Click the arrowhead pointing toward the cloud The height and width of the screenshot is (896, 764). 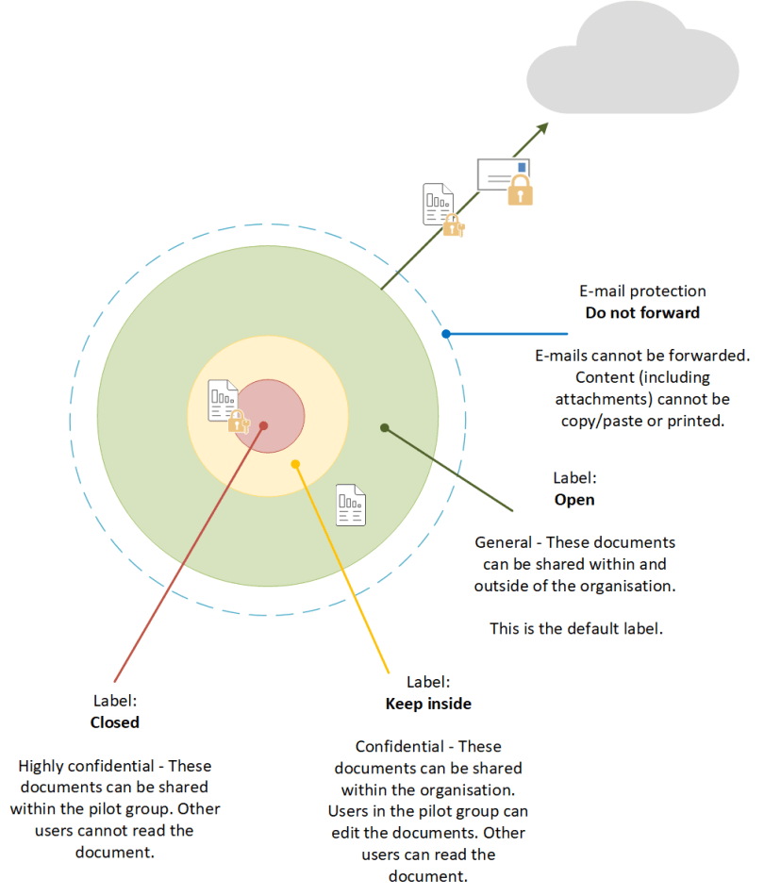[x=541, y=128]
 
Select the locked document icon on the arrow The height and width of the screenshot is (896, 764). [x=440, y=208]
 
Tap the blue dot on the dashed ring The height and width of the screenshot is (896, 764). [x=446, y=333]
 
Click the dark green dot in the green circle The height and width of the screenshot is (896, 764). [x=384, y=427]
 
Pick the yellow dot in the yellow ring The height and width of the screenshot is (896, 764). [x=295, y=464]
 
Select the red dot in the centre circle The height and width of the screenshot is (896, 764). [x=263, y=425]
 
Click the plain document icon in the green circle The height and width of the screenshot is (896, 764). [x=351, y=505]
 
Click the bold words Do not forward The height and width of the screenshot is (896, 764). [x=642, y=312]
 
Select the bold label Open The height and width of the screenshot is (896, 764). [x=574, y=499]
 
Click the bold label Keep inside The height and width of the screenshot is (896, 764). [x=428, y=704]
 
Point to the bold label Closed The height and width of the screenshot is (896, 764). [x=114, y=722]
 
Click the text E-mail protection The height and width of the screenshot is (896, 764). [x=642, y=291]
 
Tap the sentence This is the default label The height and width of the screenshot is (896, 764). [x=575, y=627]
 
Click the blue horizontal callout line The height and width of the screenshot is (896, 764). [x=509, y=333]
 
